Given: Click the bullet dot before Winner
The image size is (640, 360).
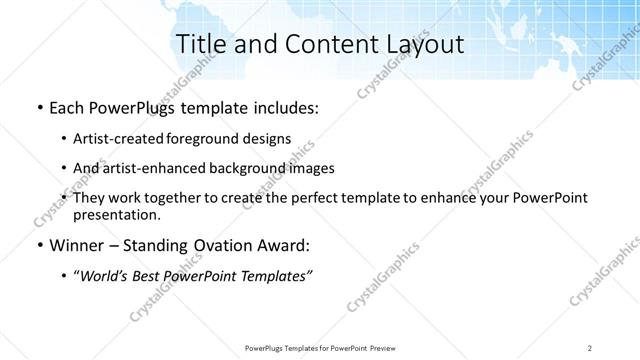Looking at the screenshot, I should tap(37, 246).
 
